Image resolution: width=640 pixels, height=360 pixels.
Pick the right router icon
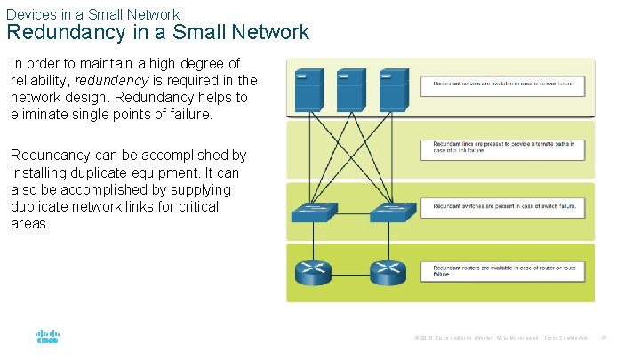[388, 272]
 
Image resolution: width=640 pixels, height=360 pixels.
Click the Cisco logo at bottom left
[47, 337]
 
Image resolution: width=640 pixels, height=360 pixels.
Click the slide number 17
[603, 338]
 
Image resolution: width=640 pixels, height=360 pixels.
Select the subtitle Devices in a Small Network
[92, 14]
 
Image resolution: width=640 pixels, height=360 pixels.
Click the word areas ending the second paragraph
[28, 223]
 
